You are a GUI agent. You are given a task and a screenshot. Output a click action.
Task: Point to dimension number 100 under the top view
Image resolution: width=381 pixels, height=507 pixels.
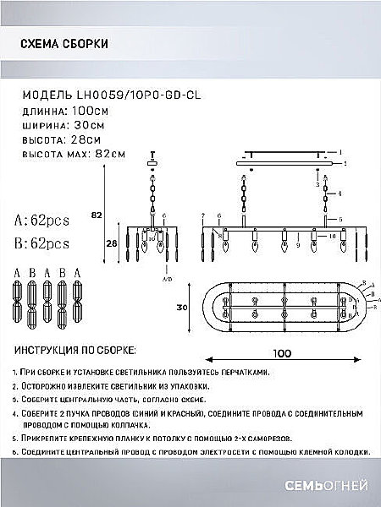[x=282, y=356]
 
